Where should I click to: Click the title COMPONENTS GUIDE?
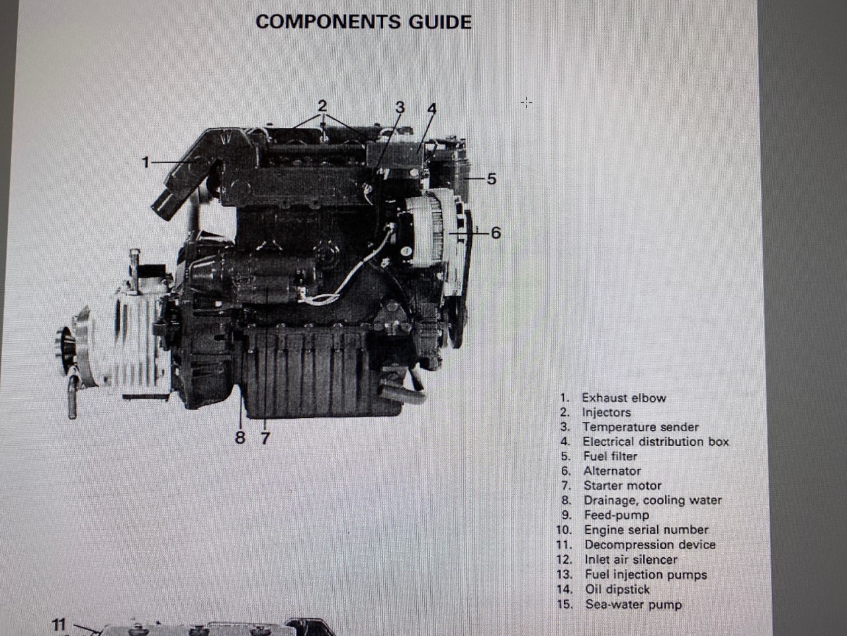[x=363, y=22]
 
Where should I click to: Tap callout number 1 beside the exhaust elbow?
[x=146, y=161]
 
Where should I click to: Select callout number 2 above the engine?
[x=322, y=105]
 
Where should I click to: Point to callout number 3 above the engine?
[x=400, y=107]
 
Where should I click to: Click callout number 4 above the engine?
[x=432, y=108]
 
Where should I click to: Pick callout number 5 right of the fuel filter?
[x=491, y=179]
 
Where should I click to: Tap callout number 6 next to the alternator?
[x=496, y=233]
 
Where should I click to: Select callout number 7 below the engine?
[x=265, y=438]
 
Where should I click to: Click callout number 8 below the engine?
[x=240, y=438]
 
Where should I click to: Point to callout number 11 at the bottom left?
[x=59, y=624]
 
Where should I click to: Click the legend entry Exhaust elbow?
[x=623, y=397]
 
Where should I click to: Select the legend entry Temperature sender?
[x=640, y=427]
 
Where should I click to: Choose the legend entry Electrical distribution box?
[x=655, y=442]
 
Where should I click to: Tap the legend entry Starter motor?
[x=622, y=486]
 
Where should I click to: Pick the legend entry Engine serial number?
[x=646, y=530]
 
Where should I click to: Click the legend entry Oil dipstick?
[x=617, y=589]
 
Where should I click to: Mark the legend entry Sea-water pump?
[x=633, y=604]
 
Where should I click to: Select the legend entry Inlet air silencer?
[x=631, y=560]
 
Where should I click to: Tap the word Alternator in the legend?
[x=611, y=471]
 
